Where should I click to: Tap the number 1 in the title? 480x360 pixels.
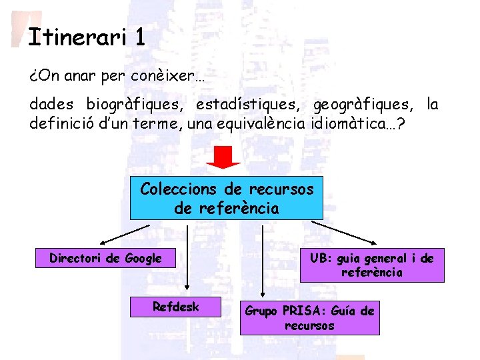(x=139, y=37)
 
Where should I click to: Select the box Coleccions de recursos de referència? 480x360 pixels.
(x=226, y=198)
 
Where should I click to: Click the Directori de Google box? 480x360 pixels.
(x=105, y=258)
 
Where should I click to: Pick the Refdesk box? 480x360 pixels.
(x=176, y=307)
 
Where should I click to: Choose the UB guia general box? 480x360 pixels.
(x=371, y=265)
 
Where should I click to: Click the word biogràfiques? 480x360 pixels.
(x=137, y=105)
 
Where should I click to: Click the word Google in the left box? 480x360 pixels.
(x=143, y=258)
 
